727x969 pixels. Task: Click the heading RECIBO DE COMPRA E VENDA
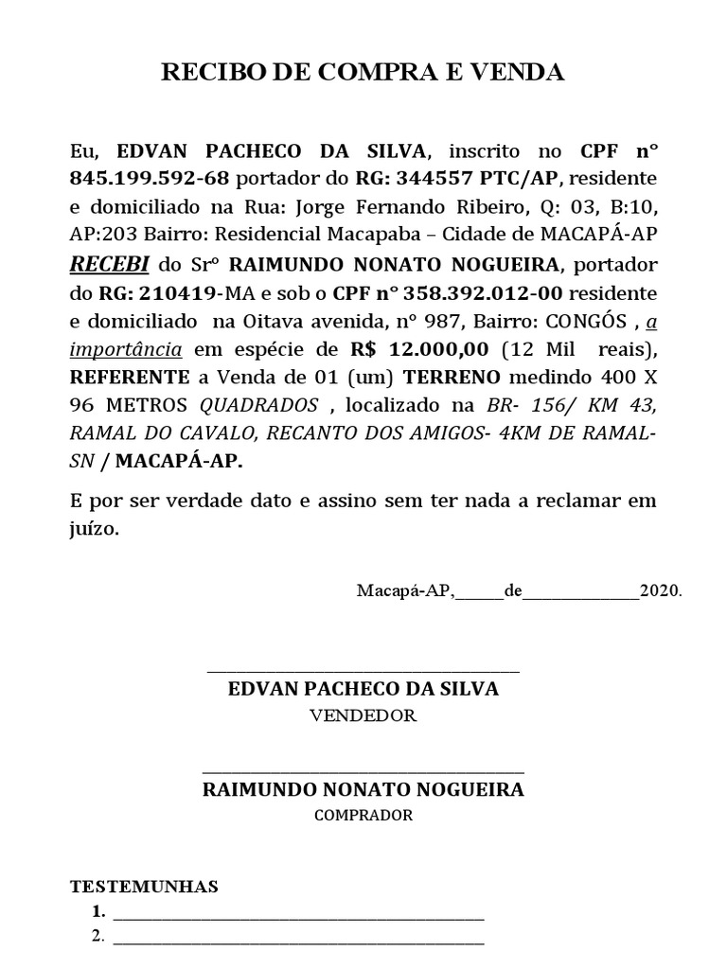(363, 73)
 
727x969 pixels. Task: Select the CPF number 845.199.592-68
(151, 179)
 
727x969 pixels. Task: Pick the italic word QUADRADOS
(259, 406)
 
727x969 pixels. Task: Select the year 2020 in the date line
(660, 591)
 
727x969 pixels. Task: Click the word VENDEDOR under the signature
(363, 715)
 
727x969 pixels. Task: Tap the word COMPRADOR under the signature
(363, 815)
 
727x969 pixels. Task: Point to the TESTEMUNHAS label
(145, 887)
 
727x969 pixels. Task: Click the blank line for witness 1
(298, 916)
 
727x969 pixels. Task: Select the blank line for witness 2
(298, 942)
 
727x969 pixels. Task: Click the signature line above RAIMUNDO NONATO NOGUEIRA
(363, 771)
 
